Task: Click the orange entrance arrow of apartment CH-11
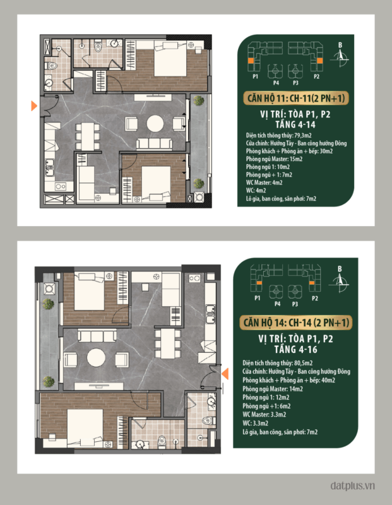click(34, 105)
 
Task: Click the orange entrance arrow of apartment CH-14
click(225, 373)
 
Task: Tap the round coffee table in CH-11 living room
click(155, 123)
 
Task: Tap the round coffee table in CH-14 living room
click(96, 357)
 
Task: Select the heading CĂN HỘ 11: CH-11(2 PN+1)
click(296, 98)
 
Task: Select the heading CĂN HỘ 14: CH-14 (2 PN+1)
click(296, 323)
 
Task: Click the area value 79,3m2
click(303, 135)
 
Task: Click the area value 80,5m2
click(303, 363)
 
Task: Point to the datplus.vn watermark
click(353, 485)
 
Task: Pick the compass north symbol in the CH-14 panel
click(339, 279)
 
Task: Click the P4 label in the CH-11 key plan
click(276, 83)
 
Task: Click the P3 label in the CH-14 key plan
click(295, 304)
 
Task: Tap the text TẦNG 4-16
click(295, 350)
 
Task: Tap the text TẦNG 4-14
click(295, 124)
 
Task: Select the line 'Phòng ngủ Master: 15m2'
click(274, 159)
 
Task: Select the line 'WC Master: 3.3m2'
click(264, 415)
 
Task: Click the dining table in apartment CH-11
click(87, 136)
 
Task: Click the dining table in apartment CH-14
click(167, 343)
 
